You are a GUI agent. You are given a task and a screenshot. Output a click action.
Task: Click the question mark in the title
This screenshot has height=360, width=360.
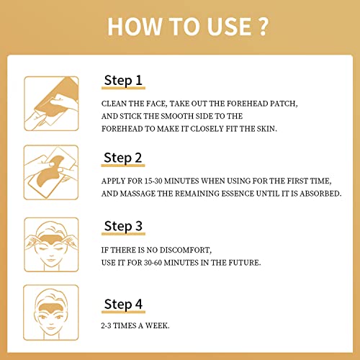point(264,27)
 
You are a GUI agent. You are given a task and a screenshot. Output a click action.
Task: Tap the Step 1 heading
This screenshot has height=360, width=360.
point(123,80)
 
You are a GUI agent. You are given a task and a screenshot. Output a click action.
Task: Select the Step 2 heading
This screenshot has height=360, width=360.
point(123,158)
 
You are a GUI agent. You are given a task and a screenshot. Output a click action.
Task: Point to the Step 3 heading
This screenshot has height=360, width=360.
point(123,226)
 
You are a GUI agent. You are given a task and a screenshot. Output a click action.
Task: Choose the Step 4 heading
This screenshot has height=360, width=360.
point(123,304)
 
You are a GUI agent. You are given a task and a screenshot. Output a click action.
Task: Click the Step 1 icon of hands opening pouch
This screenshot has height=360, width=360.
point(51,104)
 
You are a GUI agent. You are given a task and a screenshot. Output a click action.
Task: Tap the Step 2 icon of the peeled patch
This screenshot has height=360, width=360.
point(51,172)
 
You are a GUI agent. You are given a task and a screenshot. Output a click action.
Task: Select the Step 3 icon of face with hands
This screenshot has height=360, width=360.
point(51,245)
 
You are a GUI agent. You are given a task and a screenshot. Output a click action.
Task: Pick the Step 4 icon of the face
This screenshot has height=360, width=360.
point(51,312)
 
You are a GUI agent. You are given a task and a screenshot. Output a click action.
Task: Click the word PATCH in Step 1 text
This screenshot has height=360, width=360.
point(284,104)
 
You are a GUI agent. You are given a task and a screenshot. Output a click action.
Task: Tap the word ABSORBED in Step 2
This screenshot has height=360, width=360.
point(320,194)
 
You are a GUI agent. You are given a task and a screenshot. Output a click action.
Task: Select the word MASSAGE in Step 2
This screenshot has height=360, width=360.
point(138,194)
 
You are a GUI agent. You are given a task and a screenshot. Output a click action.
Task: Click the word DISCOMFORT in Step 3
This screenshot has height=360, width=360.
point(186,250)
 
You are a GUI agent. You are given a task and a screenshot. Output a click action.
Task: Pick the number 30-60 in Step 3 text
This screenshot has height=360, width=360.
point(153,263)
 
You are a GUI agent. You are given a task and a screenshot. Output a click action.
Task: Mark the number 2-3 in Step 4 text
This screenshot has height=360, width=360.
point(106,325)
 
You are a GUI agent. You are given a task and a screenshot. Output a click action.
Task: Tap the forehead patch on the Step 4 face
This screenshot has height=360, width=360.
point(51,307)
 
